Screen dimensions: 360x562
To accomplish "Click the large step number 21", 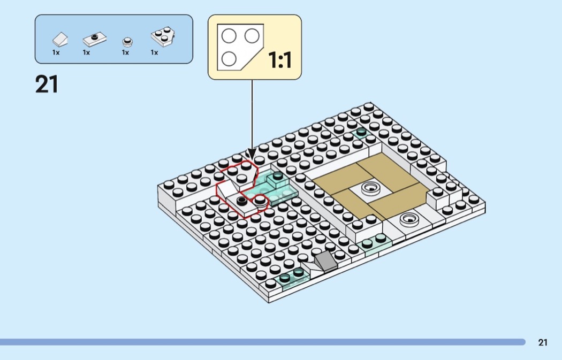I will (47, 85).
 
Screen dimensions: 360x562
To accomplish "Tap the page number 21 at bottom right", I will (543, 343).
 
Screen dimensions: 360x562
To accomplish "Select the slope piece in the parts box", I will (59, 40).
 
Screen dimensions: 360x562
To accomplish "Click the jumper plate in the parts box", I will (95, 39).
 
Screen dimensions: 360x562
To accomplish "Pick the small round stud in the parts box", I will (127, 41).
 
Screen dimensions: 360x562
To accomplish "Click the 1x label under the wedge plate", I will (154, 52).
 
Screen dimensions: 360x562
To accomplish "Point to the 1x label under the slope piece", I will (56, 52).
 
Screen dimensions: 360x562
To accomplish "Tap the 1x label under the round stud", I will (125, 52).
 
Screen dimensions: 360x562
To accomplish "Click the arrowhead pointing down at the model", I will (251, 154).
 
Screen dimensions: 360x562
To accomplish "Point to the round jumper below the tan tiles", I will (409, 218).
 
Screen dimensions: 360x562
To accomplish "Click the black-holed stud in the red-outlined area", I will (242, 201).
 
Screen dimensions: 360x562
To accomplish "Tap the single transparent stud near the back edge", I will (361, 132).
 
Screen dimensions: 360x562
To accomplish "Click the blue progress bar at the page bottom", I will (262, 342).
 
